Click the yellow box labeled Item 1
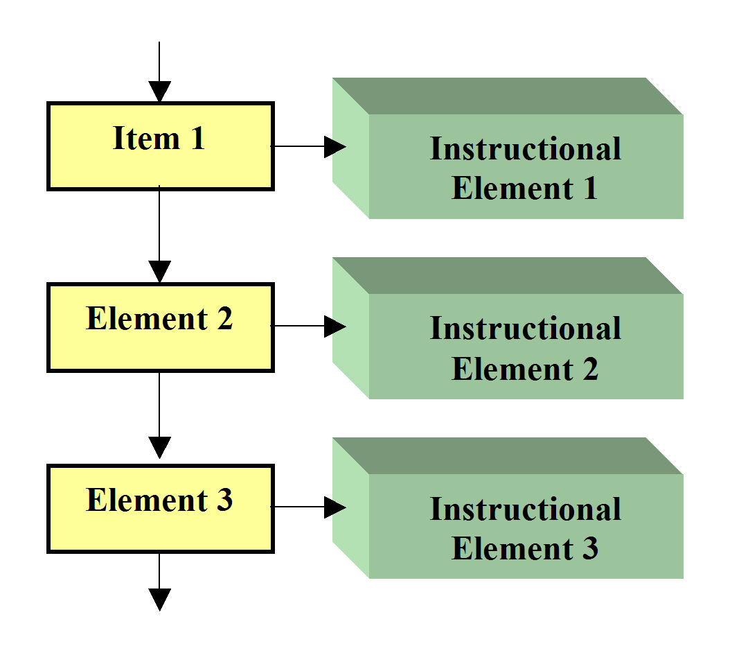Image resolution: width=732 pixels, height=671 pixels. click(161, 146)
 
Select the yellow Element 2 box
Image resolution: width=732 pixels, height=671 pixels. click(161, 328)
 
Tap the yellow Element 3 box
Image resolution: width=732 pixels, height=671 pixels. click(161, 509)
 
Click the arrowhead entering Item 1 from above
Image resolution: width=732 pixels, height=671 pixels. click(160, 91)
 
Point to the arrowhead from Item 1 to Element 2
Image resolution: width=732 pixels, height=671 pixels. click(160, 272)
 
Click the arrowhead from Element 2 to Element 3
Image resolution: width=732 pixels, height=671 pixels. click(160, 448)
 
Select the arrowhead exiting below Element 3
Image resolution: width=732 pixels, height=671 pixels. click(160, 600)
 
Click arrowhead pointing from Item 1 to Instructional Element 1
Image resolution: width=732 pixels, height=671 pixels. click(335, 147)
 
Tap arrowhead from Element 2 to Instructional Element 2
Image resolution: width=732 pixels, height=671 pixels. click(335, 326)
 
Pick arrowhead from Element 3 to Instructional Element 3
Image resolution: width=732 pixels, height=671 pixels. click(335, 507)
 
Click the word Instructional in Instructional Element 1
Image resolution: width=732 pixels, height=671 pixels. click(525, 148)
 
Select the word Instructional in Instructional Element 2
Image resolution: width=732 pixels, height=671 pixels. click(525, 328)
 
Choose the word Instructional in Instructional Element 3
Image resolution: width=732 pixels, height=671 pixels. click(525, 508)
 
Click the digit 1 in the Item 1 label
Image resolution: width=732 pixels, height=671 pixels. click(198, 138)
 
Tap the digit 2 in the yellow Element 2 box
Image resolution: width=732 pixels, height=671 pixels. click(224, 319)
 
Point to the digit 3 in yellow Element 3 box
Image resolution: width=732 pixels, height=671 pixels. click(224, 500)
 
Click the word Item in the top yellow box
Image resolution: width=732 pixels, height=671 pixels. click(146, 138)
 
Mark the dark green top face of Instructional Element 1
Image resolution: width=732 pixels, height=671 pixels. click(508, 96)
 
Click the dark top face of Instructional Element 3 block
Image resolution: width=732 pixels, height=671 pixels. click(508, 456)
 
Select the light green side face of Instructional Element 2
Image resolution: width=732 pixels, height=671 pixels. click(350, 328)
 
